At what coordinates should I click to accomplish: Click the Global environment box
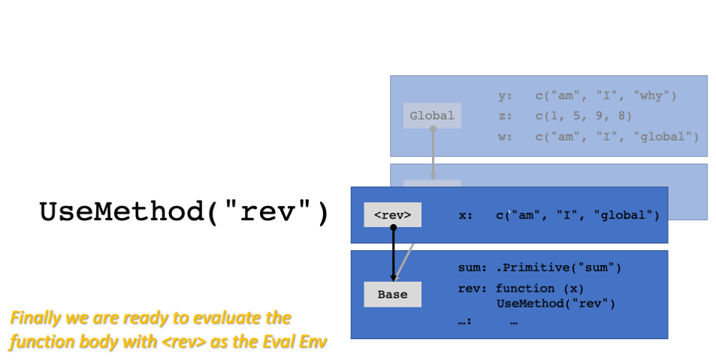[432, 116]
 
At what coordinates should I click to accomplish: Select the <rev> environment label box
[393, 215]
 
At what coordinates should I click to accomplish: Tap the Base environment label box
[393, 295]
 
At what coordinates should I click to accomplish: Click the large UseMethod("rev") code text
[184, 213]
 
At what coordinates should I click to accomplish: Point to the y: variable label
[505, 96]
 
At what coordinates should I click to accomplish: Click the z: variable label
[505, 116]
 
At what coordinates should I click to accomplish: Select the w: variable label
[505, 137]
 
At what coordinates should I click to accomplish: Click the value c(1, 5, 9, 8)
[584, 116]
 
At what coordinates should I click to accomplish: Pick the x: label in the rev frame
[465, 215]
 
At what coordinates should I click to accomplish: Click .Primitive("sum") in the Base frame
[558, 268]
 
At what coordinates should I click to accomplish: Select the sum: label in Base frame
[473, 268]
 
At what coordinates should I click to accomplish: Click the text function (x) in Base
[539, 289]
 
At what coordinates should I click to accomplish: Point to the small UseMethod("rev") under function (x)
[556, 304]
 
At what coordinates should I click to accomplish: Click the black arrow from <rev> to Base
[393, 254]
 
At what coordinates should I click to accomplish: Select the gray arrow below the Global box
[433, 154]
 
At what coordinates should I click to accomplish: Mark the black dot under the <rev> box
[393, 227]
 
